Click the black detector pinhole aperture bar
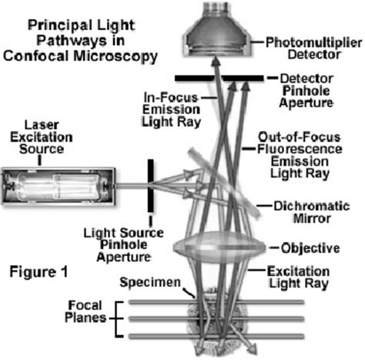click(219, 79)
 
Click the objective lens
click(220, 248)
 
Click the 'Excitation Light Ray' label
click(306, 277)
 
